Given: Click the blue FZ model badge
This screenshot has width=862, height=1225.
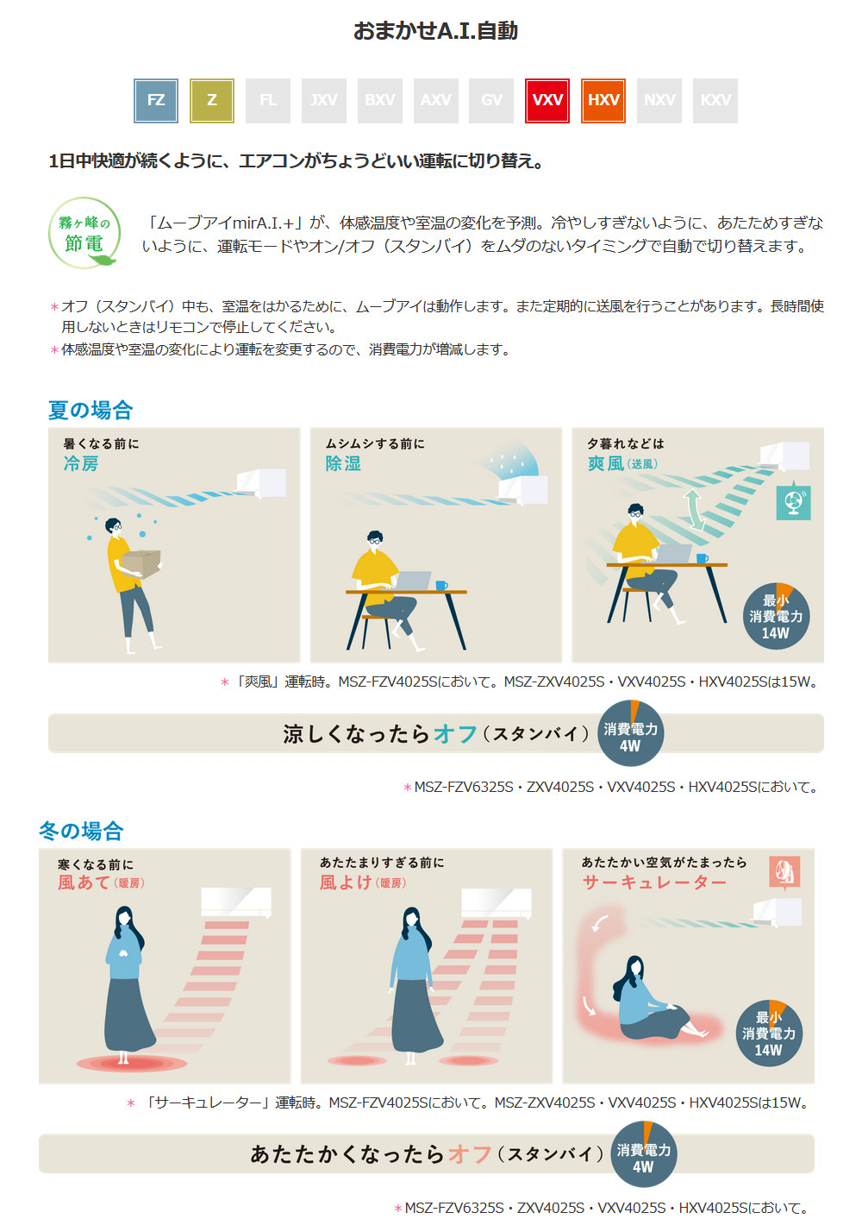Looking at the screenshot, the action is (x=156, y=101).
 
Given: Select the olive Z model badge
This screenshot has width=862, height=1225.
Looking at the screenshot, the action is (x=211, y=101).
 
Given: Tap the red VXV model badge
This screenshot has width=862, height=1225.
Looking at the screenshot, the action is (x=547, y=101).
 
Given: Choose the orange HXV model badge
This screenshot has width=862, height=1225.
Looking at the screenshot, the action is (x=603, y=101).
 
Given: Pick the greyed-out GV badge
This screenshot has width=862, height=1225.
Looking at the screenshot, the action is (x=491, y=101).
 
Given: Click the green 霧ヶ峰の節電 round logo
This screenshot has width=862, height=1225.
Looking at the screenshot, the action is (x=84, y=233).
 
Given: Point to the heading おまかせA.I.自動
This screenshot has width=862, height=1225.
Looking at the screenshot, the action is (x=435, y=31).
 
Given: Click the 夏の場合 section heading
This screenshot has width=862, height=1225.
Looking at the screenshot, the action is (x=91, y=410).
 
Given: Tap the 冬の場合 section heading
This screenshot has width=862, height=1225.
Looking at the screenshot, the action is (x=81, y=831).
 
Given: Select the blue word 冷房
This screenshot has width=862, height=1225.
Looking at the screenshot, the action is (x=81, y=464).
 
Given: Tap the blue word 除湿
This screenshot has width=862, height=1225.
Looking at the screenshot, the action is (x=343, y=464).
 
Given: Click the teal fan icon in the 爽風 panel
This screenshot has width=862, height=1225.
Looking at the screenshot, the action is (x=793, y=501).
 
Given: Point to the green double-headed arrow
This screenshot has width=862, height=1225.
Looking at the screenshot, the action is (x=694, y=510).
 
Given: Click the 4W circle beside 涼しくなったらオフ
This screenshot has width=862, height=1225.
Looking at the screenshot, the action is (x=630, y=732).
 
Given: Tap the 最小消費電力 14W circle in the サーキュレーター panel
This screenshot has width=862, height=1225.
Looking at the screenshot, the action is (x=769, y=1033).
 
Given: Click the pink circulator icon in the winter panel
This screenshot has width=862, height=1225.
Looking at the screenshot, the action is (x=785, y=872).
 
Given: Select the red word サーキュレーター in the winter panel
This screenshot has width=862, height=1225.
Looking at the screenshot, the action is (x=654, y=883).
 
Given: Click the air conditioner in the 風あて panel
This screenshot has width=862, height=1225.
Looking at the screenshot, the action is (x=236, y=902).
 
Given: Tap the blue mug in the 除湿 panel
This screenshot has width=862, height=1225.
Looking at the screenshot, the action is (x=441, y=586).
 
